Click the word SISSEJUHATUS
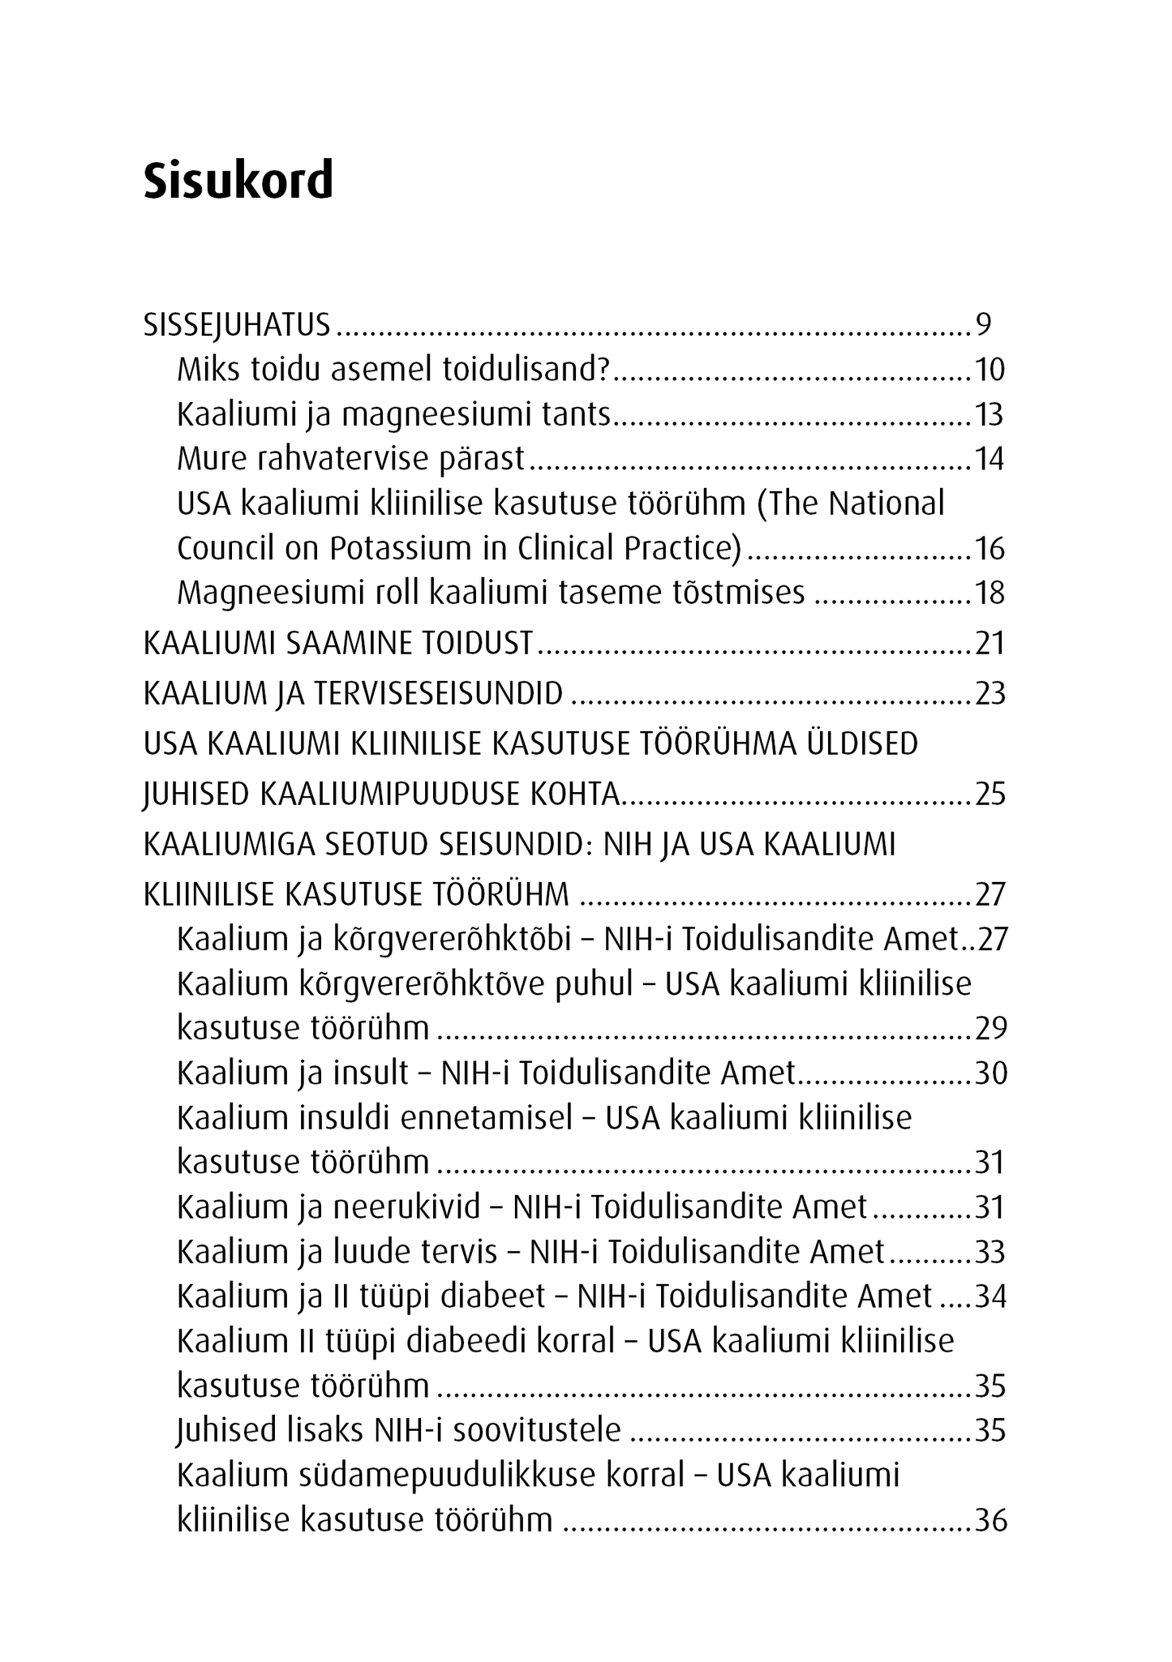click(x=237, y=325)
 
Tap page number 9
click(x=983, y=325)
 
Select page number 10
click(x=989, y=370)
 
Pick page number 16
click(x=990, y=549)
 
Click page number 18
click(x=990, y=593)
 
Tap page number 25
click(x=990, y=795)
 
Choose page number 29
click(x=990, y=1029)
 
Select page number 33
click(x=990, y=1253)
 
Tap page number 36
click(x=990, y=1520)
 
